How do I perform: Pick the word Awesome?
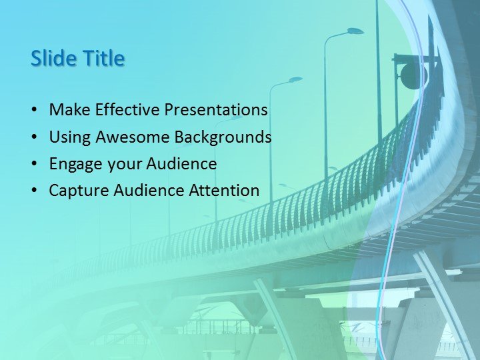pos(133,137)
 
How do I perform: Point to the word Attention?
pos(225,191)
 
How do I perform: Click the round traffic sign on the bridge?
pos(410,76)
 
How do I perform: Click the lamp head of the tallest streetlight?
pos(355,31)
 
